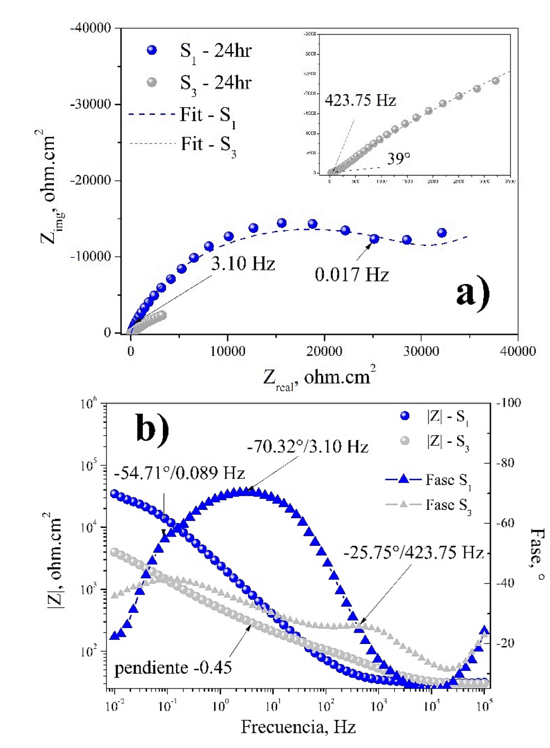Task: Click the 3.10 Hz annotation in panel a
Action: click(243, 263)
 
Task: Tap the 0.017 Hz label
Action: click(351, 275)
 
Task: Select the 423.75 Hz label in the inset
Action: click(360, 101)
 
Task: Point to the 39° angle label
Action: click(398, 159)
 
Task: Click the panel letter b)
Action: click(152, 428)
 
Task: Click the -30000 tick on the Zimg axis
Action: click(91, 104)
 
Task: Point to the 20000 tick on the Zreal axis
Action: click(324, 351)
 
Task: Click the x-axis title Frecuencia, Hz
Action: click(298, 727)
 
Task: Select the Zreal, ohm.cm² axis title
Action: click(319, 378)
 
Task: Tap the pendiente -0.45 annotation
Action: click(173, 668)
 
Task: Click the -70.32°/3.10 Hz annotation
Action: click(307, 447)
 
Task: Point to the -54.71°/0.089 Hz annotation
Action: click(179, 473)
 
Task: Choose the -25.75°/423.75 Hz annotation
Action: click(413, 552)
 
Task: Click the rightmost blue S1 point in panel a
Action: click(442, 233)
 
